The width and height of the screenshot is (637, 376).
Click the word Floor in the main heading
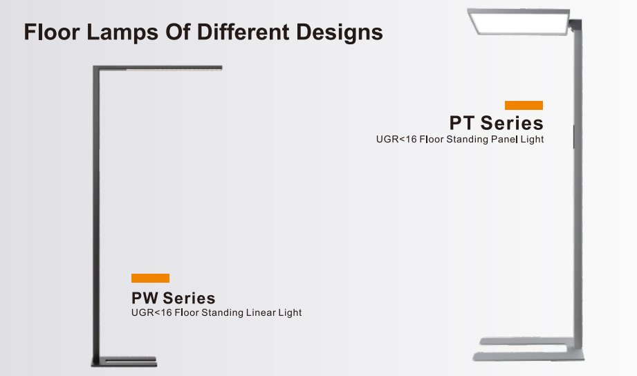coord(52,32)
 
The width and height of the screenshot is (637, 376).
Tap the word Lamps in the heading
coord(122,32)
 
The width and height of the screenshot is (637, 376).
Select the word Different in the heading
coord(243,32)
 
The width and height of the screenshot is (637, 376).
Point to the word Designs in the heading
coord(340,32)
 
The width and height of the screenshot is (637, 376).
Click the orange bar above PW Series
coord(150,278)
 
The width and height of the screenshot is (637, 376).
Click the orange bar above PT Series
coord(524,105)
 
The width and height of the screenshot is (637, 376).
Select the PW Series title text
coord(173,298)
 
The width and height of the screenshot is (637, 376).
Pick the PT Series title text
coord(496,122)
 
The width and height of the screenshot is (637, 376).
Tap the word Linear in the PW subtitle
coord(261,312)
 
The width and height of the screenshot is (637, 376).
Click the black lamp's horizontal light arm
coord(158,68)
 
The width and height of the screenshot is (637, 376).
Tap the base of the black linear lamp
coord(124,361)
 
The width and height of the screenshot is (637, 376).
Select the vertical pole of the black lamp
coord(96,215)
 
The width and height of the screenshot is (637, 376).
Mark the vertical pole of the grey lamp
coord(578,187)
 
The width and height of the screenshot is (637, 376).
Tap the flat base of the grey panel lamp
coord(528,349)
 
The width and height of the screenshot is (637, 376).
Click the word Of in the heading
coord(178,32)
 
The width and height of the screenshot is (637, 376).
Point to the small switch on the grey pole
coord(573,136)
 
